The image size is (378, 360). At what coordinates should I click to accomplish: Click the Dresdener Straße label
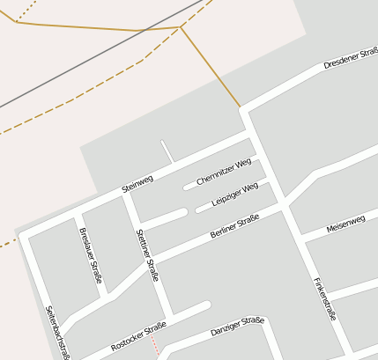[350, 58]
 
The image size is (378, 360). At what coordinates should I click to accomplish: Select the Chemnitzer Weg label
[224, 171]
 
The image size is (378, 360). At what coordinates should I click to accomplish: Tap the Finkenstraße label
[324, 298]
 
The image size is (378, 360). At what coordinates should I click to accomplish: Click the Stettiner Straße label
[147, 254]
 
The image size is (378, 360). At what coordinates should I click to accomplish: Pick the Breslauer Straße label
[91, 255]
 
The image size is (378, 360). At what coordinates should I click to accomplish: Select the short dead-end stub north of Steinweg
[166, 151]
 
